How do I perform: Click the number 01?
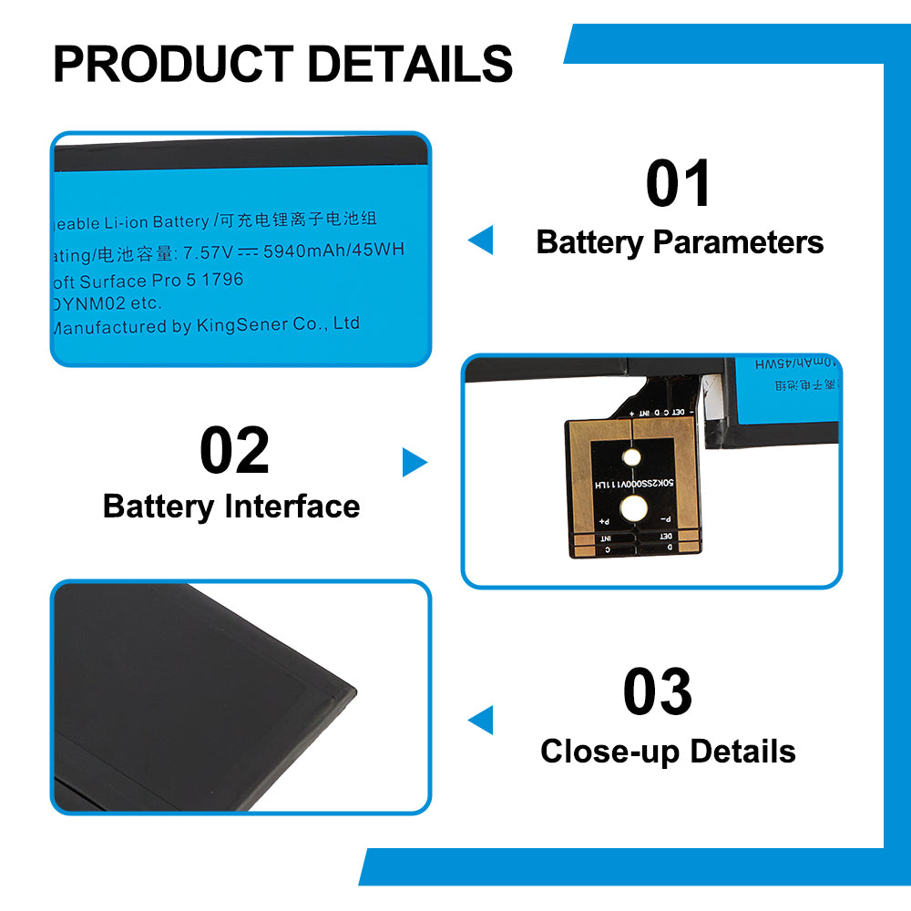click(679, 184)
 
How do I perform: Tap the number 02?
click(234, 452)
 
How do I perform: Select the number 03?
click(657, 692)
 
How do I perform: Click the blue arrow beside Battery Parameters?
click(480, 241)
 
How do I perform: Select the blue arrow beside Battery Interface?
click(415, 463)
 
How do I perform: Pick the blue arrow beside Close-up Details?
click(480, 720)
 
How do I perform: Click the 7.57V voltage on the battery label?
click(209, 251)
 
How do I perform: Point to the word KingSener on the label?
click(241, 325)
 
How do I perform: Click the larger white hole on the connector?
click(631, 508)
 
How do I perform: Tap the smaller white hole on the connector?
click(631, 459)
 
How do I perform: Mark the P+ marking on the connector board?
click(603, 522)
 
